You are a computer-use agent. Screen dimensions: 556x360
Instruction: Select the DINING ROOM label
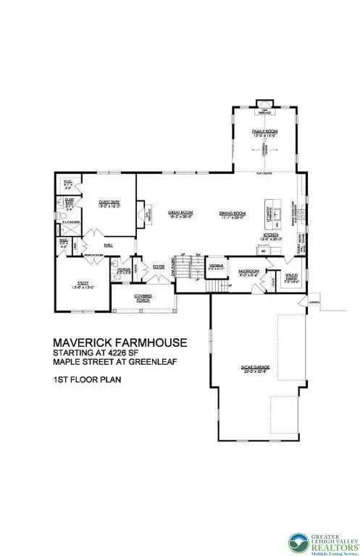click(233, 213)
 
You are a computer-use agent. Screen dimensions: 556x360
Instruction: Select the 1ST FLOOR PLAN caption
click(77, 379)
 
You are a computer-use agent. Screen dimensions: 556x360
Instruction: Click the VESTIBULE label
click(216, 265)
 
